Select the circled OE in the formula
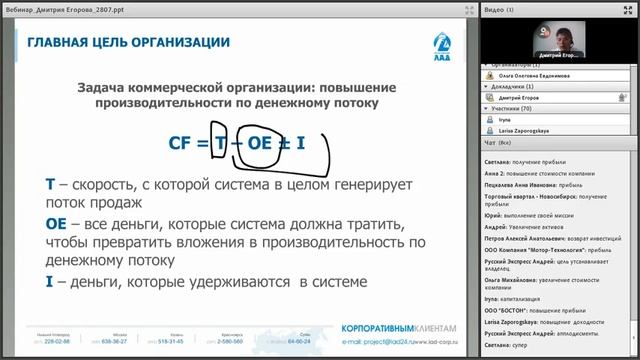(x=259, y=143)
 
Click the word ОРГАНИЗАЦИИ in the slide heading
(x=174, y=43)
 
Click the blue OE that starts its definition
(x=56, y=226)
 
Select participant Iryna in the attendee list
(x=505, y=119)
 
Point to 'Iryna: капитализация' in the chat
(x=519, y=297)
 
